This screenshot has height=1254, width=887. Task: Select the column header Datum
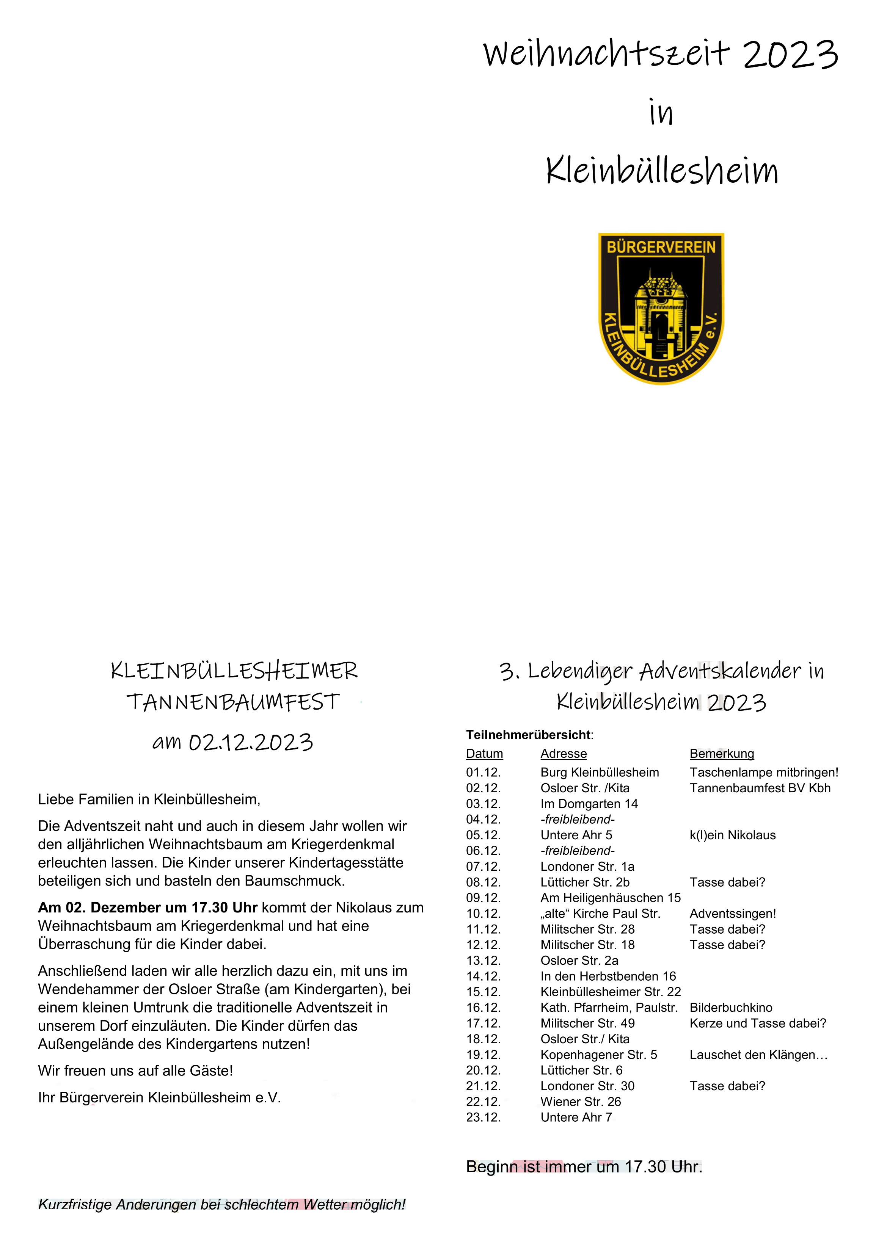click(484, 754)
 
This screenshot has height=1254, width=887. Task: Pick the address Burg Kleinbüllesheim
click(600, 772)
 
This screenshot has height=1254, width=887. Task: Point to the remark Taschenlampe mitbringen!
click(763, 772)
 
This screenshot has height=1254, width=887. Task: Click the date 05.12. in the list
click(483, 835)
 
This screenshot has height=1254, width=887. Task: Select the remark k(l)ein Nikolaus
click(732, 835)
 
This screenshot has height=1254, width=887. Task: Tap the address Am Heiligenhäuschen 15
click(611, 898)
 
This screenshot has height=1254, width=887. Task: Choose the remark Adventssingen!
click(732, 914)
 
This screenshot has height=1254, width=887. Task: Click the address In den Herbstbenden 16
click(608, 976)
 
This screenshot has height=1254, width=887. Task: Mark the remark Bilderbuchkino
click(731, 1008)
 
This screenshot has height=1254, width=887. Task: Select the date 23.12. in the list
click(483, 1118)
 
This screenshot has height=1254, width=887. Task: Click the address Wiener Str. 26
click(581, 1102)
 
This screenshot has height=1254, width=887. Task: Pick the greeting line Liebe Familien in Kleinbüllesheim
click(149, 799)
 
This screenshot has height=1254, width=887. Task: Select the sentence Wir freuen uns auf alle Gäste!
click(135, 1071)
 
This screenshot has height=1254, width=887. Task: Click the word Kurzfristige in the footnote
click(74, 1205)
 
